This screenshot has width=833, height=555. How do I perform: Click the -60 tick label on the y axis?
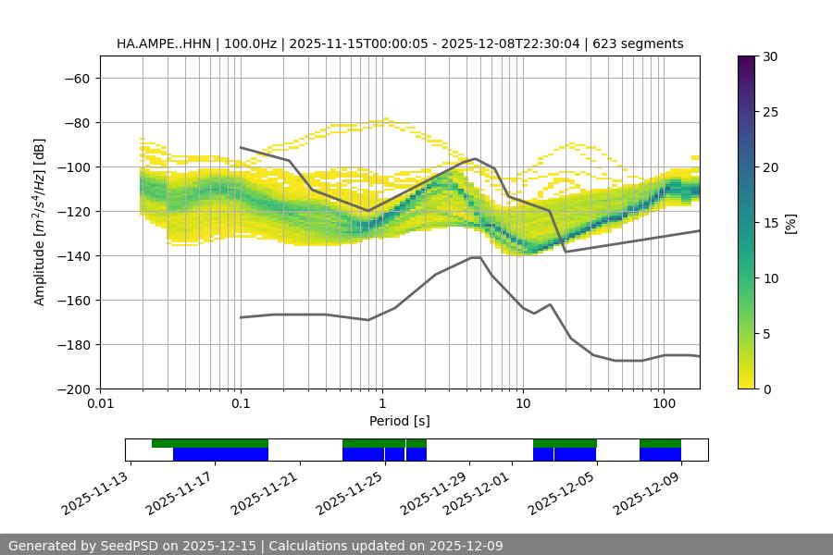(76, 78)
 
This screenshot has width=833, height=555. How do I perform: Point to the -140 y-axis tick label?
(72, 255)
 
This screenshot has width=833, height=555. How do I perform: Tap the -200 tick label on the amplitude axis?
(72, 388)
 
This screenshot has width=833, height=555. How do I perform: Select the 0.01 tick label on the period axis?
(100, 403)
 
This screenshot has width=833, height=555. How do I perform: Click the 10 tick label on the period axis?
(523, 403)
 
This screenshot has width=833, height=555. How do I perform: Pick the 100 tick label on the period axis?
(664, 403)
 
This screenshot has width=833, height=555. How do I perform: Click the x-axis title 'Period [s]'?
(399, 421)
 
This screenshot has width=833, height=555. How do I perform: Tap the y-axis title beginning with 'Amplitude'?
(40, 222)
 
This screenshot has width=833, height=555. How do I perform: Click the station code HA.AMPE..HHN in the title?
(164, 43)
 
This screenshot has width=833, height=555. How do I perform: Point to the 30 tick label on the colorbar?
(769, 56)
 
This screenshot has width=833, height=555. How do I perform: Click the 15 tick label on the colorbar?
(769, 223)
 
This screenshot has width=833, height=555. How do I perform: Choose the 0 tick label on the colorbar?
(765, 388)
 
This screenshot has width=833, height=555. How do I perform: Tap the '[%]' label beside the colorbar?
(791, 223)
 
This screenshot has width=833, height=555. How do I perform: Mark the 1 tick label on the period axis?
(382, 403)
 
